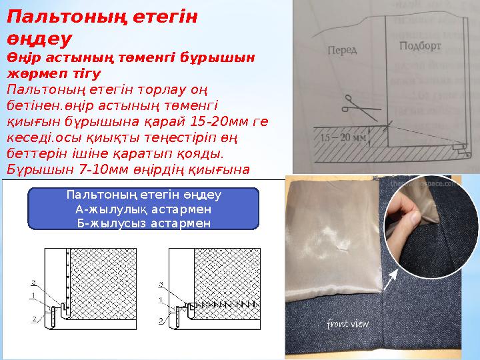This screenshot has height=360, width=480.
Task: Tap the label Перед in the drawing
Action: [x=343, y=49]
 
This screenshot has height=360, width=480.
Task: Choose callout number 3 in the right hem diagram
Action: [x=160, y=285]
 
